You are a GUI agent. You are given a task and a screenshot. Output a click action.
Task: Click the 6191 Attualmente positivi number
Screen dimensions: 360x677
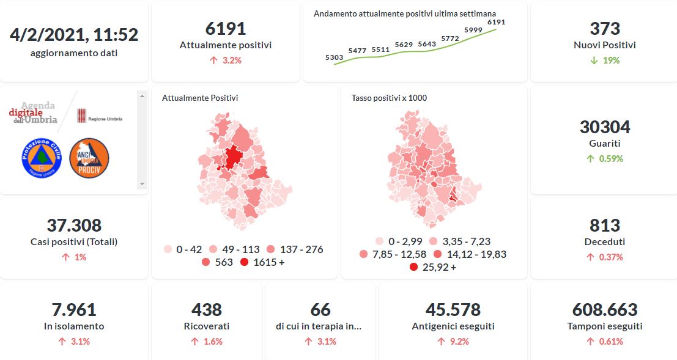point(226,29)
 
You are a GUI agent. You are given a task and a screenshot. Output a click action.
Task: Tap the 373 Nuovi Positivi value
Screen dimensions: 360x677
point(605,29)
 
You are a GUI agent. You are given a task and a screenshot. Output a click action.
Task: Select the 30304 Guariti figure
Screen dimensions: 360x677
point(605,127)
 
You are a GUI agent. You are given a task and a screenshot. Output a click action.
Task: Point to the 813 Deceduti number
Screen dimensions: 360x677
point(605,226)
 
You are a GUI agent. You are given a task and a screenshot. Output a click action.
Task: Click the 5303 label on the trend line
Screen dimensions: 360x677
point(334,57)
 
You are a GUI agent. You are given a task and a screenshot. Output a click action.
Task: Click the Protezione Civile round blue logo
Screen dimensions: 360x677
point(42,158)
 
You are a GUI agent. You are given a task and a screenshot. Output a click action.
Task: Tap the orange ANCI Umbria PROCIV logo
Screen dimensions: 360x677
point(89,158)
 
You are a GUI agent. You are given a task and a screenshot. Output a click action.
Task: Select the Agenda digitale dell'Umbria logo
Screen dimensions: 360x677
point(35,113)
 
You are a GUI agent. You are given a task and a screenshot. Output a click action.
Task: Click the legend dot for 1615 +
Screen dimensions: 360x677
point(244,263)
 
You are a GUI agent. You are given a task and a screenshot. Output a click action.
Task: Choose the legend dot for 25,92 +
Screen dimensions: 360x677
point(413,267)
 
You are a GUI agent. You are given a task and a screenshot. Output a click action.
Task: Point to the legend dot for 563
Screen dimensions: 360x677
point(205,263)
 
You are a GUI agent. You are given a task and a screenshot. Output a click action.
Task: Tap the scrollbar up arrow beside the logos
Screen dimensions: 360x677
point(142,96)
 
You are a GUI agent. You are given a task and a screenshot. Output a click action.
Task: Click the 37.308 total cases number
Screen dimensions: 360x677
point(74,226)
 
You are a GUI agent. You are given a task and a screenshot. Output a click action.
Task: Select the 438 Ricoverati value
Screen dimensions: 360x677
point(207,310)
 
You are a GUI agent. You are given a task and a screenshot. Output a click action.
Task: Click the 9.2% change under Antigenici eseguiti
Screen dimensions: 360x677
point(452,342)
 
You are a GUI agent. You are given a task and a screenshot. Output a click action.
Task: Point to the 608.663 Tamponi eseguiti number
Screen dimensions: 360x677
point(605,310)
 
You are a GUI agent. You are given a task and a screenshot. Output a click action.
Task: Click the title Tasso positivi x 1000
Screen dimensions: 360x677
point(389,98)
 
